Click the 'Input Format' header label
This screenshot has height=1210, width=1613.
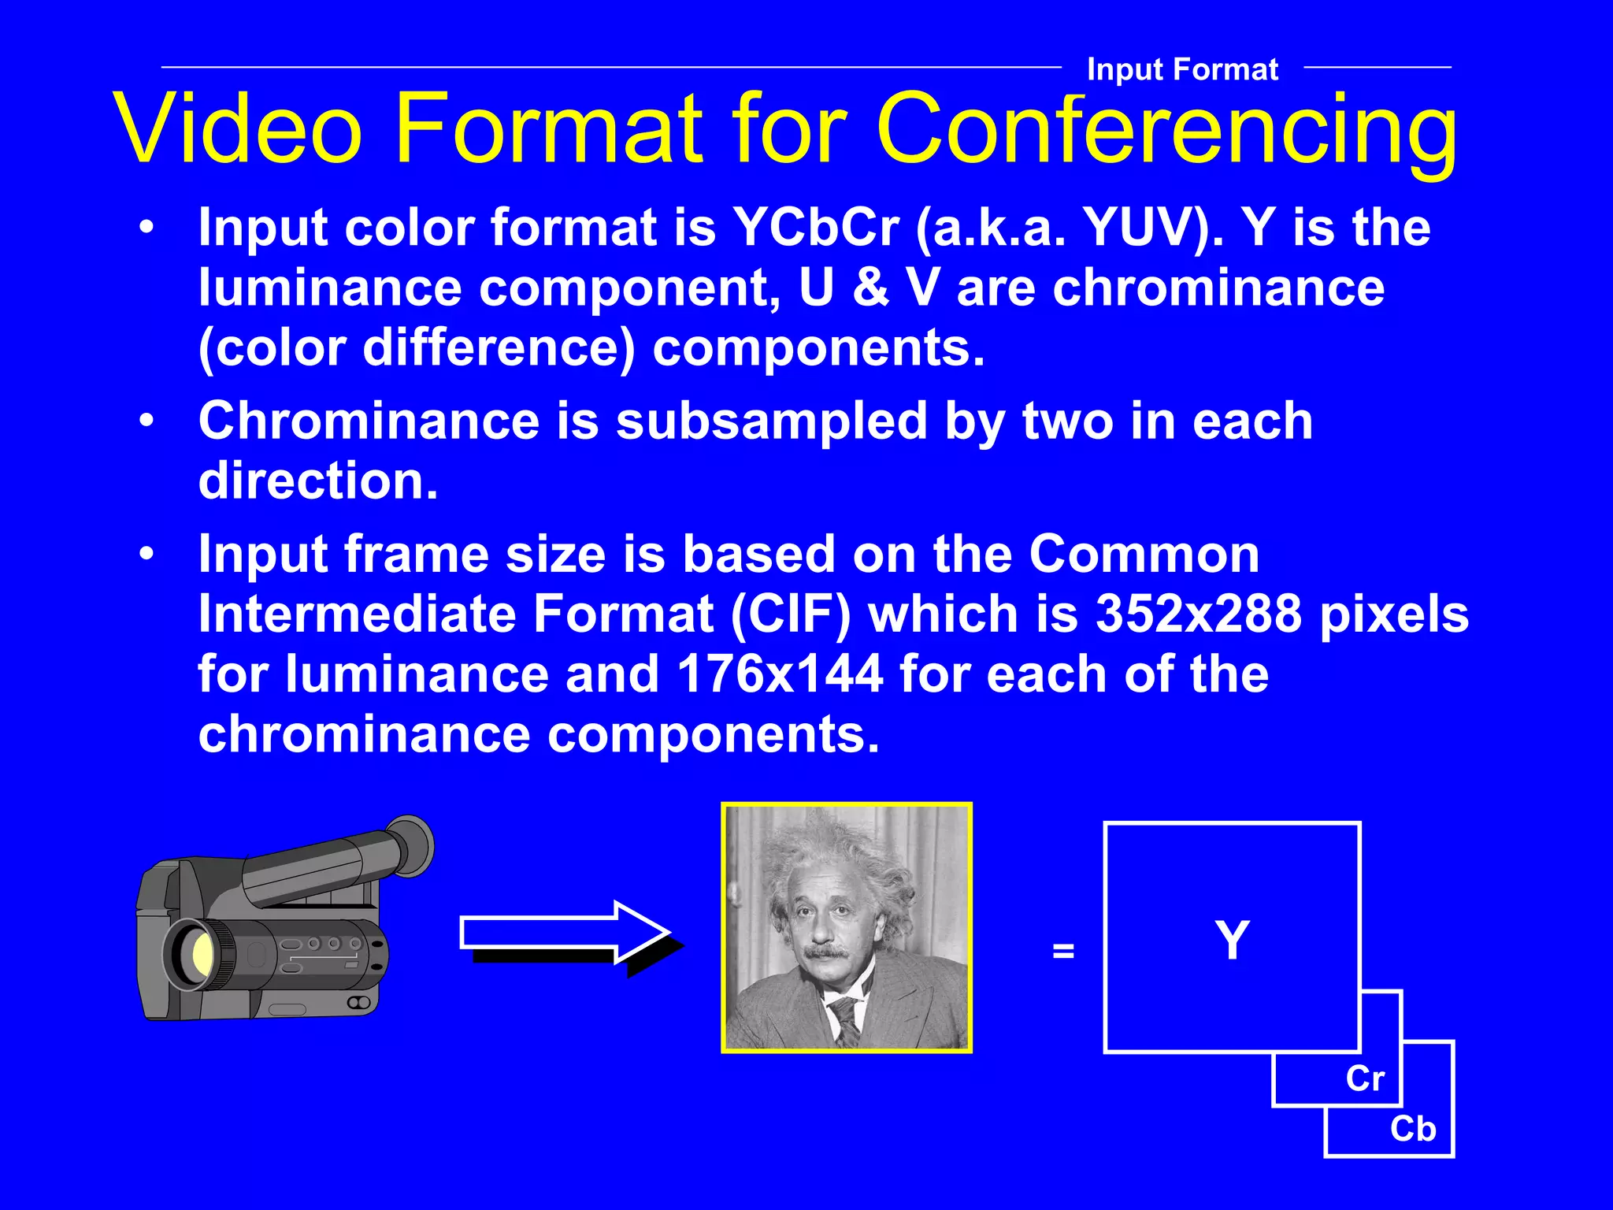(1182, 69)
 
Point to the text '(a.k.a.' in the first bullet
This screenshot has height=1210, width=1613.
(991, 228)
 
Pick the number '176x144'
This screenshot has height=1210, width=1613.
(780, 674)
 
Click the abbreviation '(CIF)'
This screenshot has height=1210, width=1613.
(791, 614)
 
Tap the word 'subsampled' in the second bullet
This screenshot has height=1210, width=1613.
(772, 421)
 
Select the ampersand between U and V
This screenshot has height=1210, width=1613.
(870, 288)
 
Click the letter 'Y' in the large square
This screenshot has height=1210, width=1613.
(1232, 939)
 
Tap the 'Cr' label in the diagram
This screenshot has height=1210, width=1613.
(1365, 1078)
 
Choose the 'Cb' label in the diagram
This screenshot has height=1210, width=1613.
(1413, 1129)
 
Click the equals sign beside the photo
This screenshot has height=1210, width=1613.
(1063, 951)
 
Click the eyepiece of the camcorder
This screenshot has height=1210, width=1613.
(411, 846)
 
